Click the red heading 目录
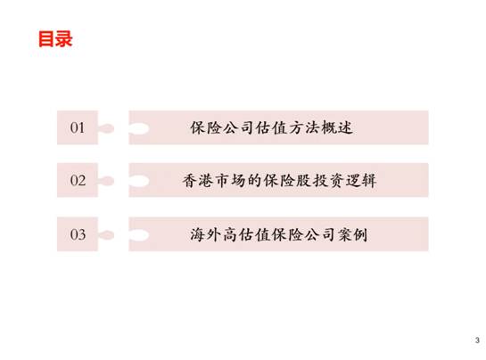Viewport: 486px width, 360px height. pyautogui.click(x=55, y=39)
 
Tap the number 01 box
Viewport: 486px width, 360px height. pyautogui.click(x=78, y=127)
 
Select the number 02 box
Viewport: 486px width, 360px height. pyautogui.click(x=78, y=180)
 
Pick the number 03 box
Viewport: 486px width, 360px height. pyautogui.click(x=78, y=234)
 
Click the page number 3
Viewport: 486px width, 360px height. pyautogui.click(x=477, y=340)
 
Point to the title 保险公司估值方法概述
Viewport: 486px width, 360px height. pyautogui.click(x=271, y=127)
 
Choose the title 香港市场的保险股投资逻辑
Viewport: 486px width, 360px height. pyautogui.click(x=279, y=180)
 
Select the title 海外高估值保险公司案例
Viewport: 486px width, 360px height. pyautogui.click(x=278, y=234)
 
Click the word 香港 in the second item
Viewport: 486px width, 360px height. pyautogui.click(x=198, y=180)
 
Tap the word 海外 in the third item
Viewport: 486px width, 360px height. pyautogui.click(x=205, y=234)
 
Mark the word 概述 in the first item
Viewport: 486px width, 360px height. pyautogui.click(x=337, y=127)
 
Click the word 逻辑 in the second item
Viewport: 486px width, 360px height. pyautogui.click(x=361, y=180)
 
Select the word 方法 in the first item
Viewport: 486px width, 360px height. pyautogui.click(x=304, y=127)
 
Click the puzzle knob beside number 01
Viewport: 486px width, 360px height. pyautogui.click(x=106, y=128)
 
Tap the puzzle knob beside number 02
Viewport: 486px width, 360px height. pyautogui.click(x=106, y=181)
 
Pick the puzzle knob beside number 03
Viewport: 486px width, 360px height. pyautogui.click(x=106, y=235)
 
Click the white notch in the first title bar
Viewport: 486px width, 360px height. pyautogui.click(x=139, y=128)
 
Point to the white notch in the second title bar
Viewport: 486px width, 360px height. pyautogui.click(x=139, y=181)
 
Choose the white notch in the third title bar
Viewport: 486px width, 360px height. pyautogui.click(x=139, y=235)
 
